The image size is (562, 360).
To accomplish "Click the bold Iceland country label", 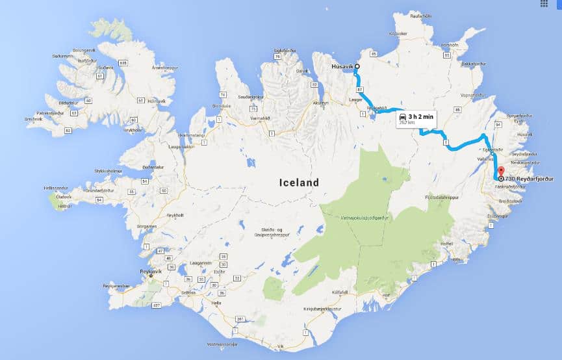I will (x=299, y=183).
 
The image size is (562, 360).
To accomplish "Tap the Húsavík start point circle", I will (x=356, y=66).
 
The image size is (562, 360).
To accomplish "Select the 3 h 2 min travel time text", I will (x=420, y=116).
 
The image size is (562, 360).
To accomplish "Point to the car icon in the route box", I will (x=403, y=116).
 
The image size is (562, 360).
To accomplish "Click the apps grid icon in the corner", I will (x=544, y=3).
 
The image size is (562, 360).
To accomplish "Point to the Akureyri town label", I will (x=321, y=103).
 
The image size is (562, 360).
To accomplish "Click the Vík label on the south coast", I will (x=281, y=347).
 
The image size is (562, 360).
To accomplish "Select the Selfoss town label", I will (x=188, y=292).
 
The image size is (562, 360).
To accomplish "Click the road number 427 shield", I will (x=155, y=304).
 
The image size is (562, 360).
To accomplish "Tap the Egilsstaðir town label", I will (x=491, y=149).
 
